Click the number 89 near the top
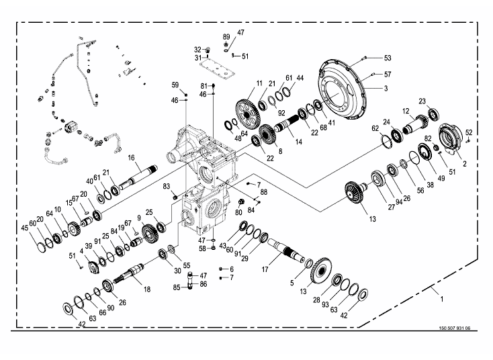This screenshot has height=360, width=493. tap(226, 36)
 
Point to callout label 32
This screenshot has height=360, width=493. tap(197, 50)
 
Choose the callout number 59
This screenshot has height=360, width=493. tap(175, 85)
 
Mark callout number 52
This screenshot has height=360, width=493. tap(469, 132)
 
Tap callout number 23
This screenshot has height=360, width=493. tap(422, 101)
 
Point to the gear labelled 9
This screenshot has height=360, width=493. tap(150, 232)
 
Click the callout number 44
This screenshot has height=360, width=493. tap(300, 79)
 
